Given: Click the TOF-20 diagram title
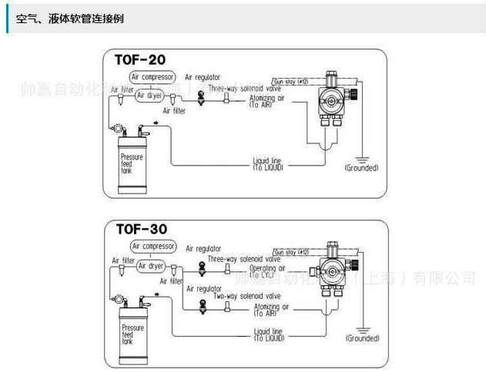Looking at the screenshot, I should click(x=139, y=59).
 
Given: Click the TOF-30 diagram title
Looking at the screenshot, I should click(x=141, y=229).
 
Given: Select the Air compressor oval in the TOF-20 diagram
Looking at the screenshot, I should click(x=153, y=77).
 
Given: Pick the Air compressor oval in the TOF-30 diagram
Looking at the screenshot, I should click(x=153, y=247).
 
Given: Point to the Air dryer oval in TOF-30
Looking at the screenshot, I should click(x=151, y=265).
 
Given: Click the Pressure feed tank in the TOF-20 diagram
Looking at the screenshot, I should click(x=131, y=163).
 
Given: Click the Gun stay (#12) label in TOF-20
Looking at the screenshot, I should click(x=290, y=80).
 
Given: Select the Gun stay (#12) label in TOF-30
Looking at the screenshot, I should click(x=291, y=251).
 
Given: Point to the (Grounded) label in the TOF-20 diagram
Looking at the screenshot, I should click(x=361, y=167).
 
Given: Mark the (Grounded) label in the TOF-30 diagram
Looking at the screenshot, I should click(x=362, y=338).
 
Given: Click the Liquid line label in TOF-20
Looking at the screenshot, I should click(x=268, y=163).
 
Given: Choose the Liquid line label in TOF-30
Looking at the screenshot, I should click(x=268, y=334).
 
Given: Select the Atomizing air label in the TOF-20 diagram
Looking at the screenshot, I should click(x=266, y=100).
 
